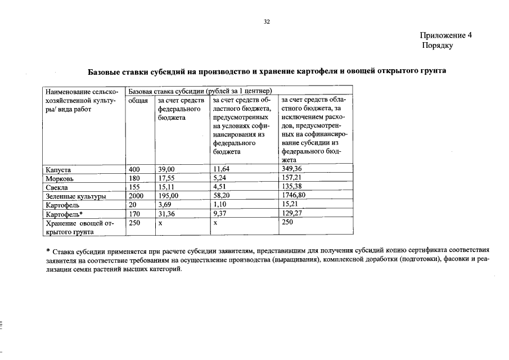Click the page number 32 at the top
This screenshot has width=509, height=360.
pos(267,22)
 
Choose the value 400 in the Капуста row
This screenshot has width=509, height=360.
pos(135,169)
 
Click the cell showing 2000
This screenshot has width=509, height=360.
pos(137,196)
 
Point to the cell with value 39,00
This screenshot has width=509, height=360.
pos(166,169)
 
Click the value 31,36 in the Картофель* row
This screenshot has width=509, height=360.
pos(166,214)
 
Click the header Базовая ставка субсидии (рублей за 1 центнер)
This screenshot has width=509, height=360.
pos(200,91)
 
